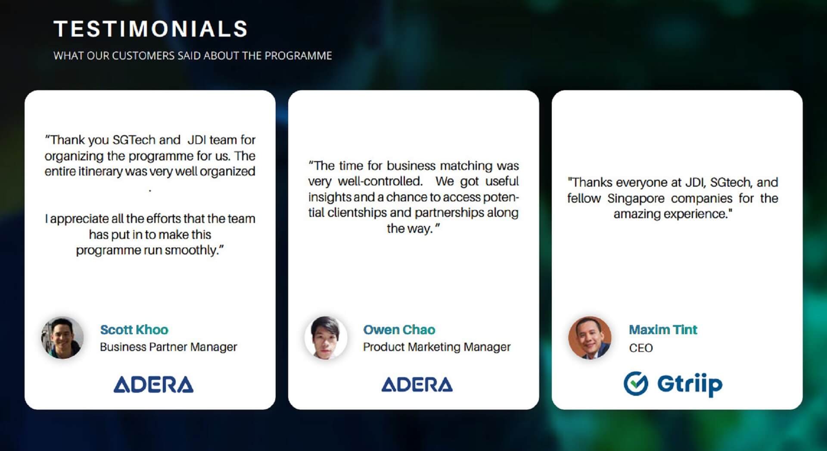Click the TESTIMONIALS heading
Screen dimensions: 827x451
[x=151, y=29]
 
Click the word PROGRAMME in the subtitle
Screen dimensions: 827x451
[x=298, y=56]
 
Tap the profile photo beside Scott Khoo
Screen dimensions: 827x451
[x=62, y=338]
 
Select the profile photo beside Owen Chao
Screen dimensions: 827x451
[x=326, y=338]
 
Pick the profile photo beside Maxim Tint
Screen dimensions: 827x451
[x=590, y=338]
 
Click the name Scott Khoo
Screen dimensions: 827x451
[x=134, y=330]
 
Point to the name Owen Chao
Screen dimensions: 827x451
[x=399, y=330]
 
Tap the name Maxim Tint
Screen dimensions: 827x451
[x=663, y=330]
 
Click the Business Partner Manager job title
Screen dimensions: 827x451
[x=168, y=347]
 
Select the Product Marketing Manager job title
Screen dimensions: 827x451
[x=437, y=347]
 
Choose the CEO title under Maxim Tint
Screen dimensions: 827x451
[x=641, y=348]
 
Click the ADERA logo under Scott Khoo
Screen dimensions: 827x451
[x=153, y=385]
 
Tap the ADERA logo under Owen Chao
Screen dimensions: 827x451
[x=417, y=385]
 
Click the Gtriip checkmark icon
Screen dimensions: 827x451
[x=636, y=383]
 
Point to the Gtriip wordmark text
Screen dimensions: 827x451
[x=690, y=384]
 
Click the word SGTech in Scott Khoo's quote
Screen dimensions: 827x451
[x=134, y=140]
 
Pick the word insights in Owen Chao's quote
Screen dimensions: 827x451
[x=330, y=197]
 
